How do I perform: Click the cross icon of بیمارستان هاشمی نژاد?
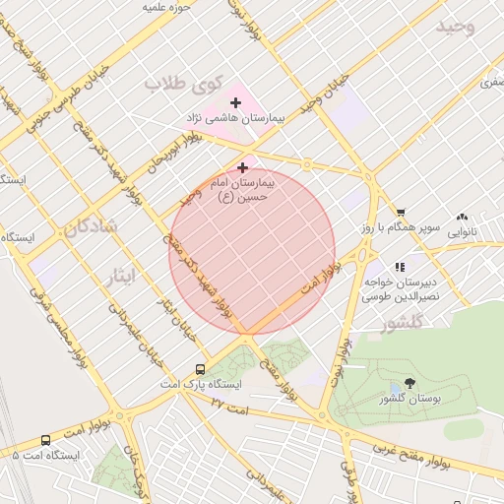point(236,102)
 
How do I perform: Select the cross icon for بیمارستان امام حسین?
point(242,168)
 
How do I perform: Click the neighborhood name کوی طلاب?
point(184,83)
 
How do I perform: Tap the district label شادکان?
point(92,228)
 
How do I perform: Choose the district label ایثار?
point(127,278)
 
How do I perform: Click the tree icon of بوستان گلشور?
point(409,383)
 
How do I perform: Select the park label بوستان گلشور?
point(409,399)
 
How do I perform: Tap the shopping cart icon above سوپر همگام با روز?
point(401,213)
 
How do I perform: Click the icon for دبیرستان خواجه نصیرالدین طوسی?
point(400,266)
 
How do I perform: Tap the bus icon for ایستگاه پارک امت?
point(201,368)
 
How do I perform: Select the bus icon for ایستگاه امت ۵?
point(46,440)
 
